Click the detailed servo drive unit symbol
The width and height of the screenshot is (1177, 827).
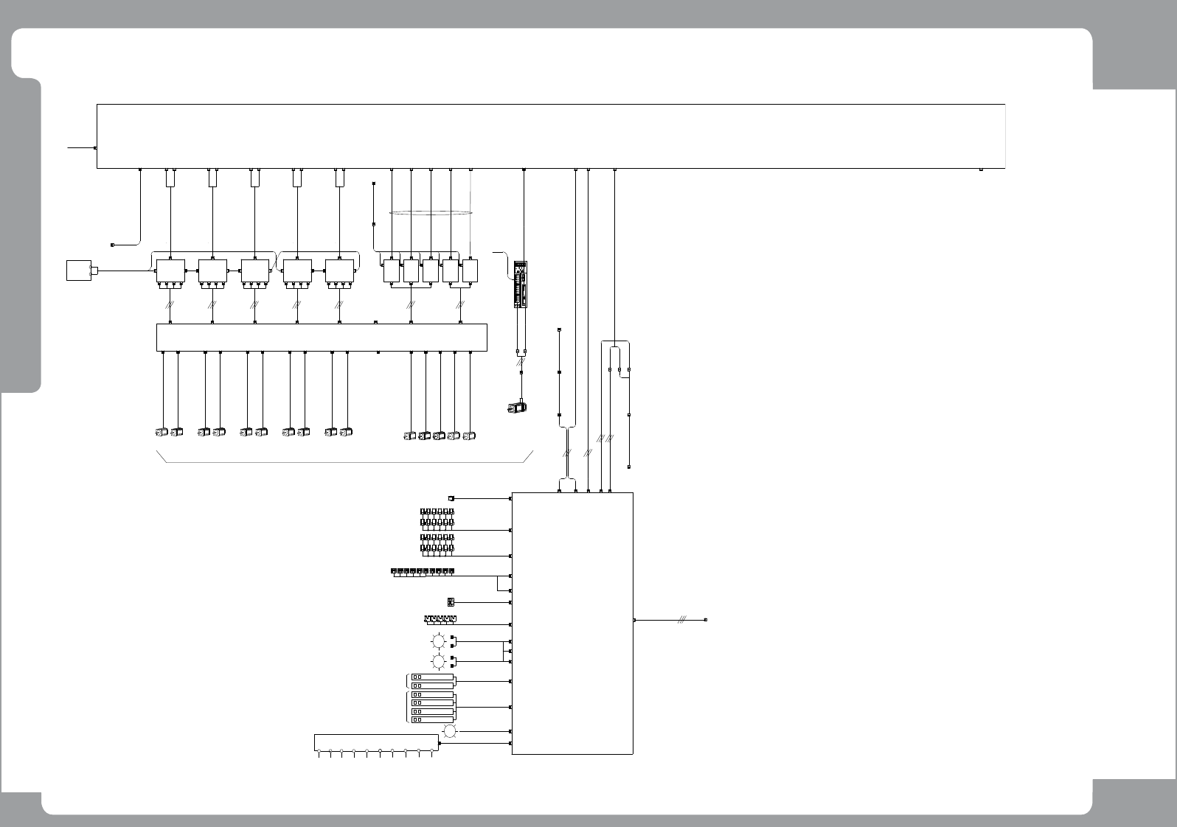[x=521, y=285]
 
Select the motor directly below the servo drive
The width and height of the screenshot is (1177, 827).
[x=517, y=406]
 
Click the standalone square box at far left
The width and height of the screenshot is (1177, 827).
[x=77, y=270]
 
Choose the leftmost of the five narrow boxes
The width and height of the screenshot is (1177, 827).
[x=391, y=271]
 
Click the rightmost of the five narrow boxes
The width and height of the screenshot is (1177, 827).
[x=471, y=271]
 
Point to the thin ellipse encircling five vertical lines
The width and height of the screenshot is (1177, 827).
[x=431, y=213]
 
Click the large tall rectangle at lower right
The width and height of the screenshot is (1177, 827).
[x=572, y=623]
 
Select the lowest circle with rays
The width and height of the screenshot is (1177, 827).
[x=450, y=731]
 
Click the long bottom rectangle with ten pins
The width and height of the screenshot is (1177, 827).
[x=375, y=743]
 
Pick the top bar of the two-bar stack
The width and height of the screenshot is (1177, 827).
[x=432, y=677]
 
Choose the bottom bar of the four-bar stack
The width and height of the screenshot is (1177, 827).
[x=432, y=719]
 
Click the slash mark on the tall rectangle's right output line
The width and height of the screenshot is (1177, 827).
[x=682, y=621]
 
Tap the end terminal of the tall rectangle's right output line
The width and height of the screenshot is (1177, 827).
[x=706, y=621]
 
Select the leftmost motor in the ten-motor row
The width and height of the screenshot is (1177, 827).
[x=162, y=432]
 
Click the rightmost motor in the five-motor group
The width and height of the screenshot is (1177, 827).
[x=470, y=436]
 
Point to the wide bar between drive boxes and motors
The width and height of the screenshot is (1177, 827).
[x=322, y=338]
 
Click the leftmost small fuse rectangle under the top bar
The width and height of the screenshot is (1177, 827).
[x=170, y=178]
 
